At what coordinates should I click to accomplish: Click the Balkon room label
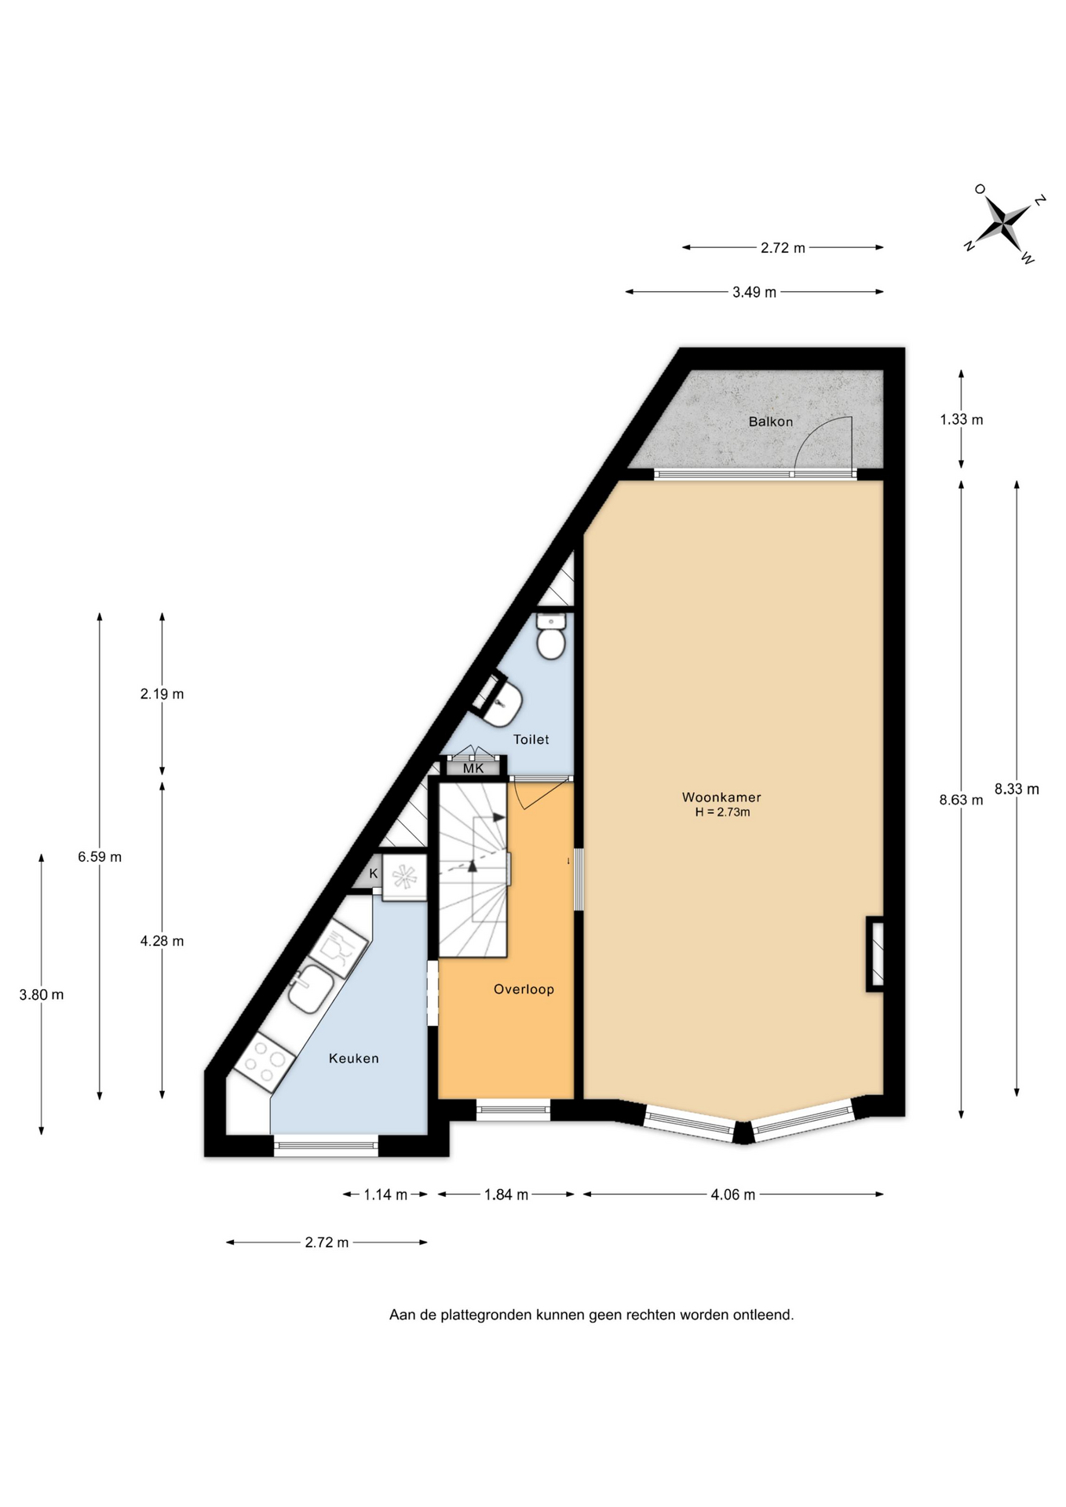coord(770,421)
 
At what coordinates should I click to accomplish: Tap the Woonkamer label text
coord(721,797)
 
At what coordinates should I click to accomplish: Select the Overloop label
coord(524,989)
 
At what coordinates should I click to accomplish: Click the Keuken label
coord(353,1058)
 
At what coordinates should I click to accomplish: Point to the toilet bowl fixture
coord(551,637)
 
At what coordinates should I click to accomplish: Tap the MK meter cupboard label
coord(473,768)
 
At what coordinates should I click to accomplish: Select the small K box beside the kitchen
coord(374,874)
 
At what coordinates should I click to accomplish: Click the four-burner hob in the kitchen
coord(265,1062)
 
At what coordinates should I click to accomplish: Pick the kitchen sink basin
coord(311,989)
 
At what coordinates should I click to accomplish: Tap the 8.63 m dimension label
coord(961,800)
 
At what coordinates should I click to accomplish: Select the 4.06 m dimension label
coord(733,1195)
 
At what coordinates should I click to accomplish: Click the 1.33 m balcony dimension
coord(962,419)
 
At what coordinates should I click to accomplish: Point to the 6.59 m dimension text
coord(100,856)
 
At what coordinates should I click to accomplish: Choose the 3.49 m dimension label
coord(754,292)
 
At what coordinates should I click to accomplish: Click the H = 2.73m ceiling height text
coord(722,812)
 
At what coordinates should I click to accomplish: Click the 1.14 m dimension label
coord(385,1195)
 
